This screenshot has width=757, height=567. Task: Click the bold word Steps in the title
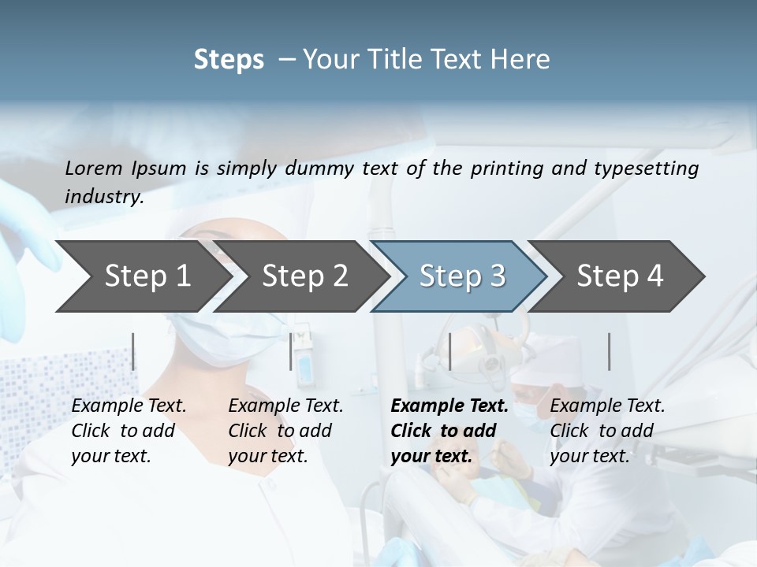pyautogui.click(x=229, y=60)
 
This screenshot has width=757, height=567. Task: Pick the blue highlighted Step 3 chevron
pyautogui.click(x=462, y=276)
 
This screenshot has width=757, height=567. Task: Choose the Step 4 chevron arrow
pyautogui.click(x=620, y=276)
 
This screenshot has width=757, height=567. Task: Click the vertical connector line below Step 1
pyautogui.click(x=133, y=351)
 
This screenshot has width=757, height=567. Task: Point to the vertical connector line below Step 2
pyautogui.click(x=291, y=351)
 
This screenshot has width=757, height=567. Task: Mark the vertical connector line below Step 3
pyautogui.click(x=450, y=351)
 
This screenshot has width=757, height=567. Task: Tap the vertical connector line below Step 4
pyautogui.click(x=609, y=351)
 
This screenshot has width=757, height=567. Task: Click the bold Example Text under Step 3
pyautogui.click(x=449, y=431)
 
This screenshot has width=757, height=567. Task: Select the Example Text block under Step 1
pyautogui.click(x=129, y=431)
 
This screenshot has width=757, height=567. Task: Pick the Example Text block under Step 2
pyautogui.click(x=285, y=431)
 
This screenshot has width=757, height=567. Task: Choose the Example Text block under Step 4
pyautogui.click(x=607, y=431)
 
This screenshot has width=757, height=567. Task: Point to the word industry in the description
pyautogui.click(x=103, y=197)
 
